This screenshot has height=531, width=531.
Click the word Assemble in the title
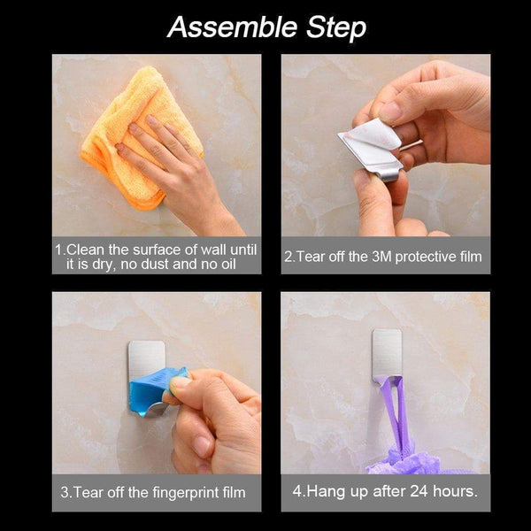tap(232, 27)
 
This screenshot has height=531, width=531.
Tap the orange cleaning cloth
tap(135, 135)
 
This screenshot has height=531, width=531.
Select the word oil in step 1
tap(228, 264)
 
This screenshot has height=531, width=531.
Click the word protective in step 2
tap(426, 257)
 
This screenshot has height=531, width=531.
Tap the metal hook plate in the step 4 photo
tap(387, 354)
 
